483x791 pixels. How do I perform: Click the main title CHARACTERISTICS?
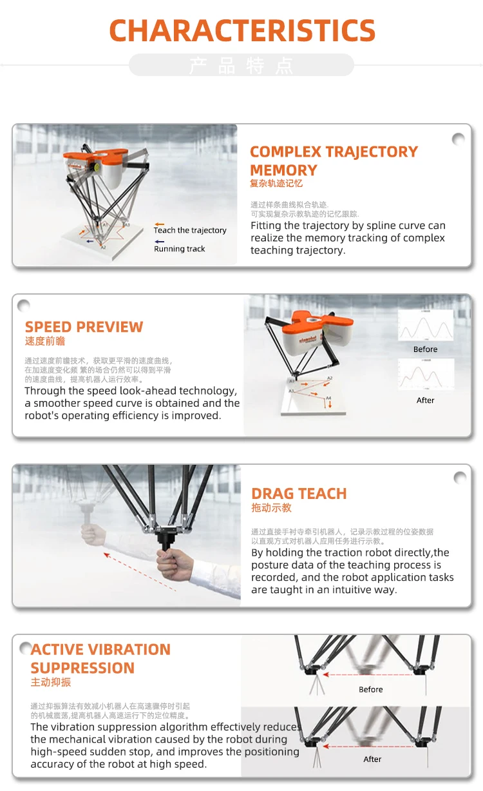242,31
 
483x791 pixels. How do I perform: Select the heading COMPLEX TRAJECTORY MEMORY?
334,161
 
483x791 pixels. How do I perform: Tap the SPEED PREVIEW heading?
84,327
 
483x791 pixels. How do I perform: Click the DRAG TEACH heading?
299,494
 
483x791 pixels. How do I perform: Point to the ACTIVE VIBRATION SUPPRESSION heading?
100,658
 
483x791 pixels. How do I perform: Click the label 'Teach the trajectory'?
190,230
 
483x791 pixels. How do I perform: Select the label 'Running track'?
180,249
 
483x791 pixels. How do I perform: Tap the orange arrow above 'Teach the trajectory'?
159,224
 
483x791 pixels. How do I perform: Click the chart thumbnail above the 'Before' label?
425,326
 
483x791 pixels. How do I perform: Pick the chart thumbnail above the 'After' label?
425,375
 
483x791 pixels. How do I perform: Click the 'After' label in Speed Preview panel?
425,400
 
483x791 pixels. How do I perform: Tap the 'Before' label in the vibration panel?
371,689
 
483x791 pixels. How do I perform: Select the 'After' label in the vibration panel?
372,759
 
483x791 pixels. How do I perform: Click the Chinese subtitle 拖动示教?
271,508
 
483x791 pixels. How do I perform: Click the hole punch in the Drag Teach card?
460,478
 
